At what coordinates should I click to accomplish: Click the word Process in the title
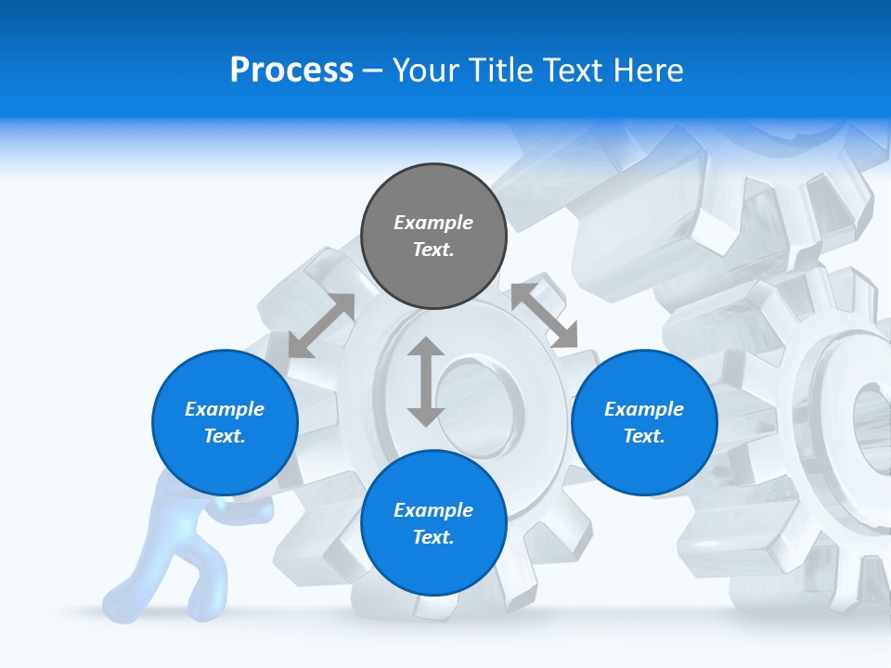point(291,71)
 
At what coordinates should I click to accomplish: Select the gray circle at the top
point(433,237)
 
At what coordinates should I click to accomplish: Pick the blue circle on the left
point(225,422)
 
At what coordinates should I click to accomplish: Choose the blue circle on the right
point(644,422)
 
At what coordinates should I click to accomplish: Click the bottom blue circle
point(433,523)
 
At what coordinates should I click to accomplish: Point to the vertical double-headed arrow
point(426,381)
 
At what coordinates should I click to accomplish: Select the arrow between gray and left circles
point(321,326)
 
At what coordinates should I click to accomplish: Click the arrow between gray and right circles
point(544,316)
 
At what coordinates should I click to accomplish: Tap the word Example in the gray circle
point(433,223)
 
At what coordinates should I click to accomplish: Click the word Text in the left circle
point(225,436)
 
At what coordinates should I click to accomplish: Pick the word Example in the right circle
point(644,409)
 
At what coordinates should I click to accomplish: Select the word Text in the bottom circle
point(433,537)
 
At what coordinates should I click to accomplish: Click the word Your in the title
point(423,71)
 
